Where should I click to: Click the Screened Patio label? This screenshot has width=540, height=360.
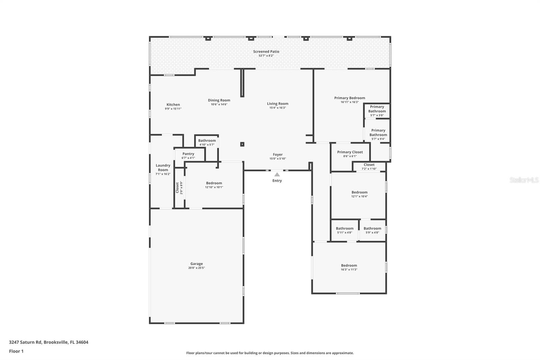pos(266,51)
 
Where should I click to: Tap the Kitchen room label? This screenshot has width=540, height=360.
pos(173,104)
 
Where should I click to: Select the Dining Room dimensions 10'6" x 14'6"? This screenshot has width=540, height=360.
pos(219,104)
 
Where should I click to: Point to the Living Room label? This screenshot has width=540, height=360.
pos(277,104)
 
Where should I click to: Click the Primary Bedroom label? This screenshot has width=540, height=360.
pos(350,98)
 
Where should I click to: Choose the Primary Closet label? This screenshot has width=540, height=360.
pos(350,152)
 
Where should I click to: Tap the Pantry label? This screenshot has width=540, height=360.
pos(188,154)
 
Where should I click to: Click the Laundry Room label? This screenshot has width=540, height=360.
pos(163,168)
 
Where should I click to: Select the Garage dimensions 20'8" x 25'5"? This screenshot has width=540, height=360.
pos(196,268)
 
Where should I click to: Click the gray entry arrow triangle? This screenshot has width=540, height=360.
pos(277,175)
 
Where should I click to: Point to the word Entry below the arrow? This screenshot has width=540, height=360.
pos(277,180)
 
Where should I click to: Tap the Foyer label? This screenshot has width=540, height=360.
pos(278,154)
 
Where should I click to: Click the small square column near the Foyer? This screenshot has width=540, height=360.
pos(242,144)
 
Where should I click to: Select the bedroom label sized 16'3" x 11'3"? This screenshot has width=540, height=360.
pos(349,265)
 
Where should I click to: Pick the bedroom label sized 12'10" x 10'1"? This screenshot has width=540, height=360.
pos(214,183)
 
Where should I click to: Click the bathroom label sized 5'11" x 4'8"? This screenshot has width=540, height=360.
pos(345,228)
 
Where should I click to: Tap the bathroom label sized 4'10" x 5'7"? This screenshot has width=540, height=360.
pos(207,140)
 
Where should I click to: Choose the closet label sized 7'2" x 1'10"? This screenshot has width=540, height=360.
pos(369,164)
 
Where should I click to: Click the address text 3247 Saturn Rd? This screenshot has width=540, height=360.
pos(26,342)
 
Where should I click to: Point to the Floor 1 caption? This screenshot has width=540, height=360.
pos(16,351)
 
